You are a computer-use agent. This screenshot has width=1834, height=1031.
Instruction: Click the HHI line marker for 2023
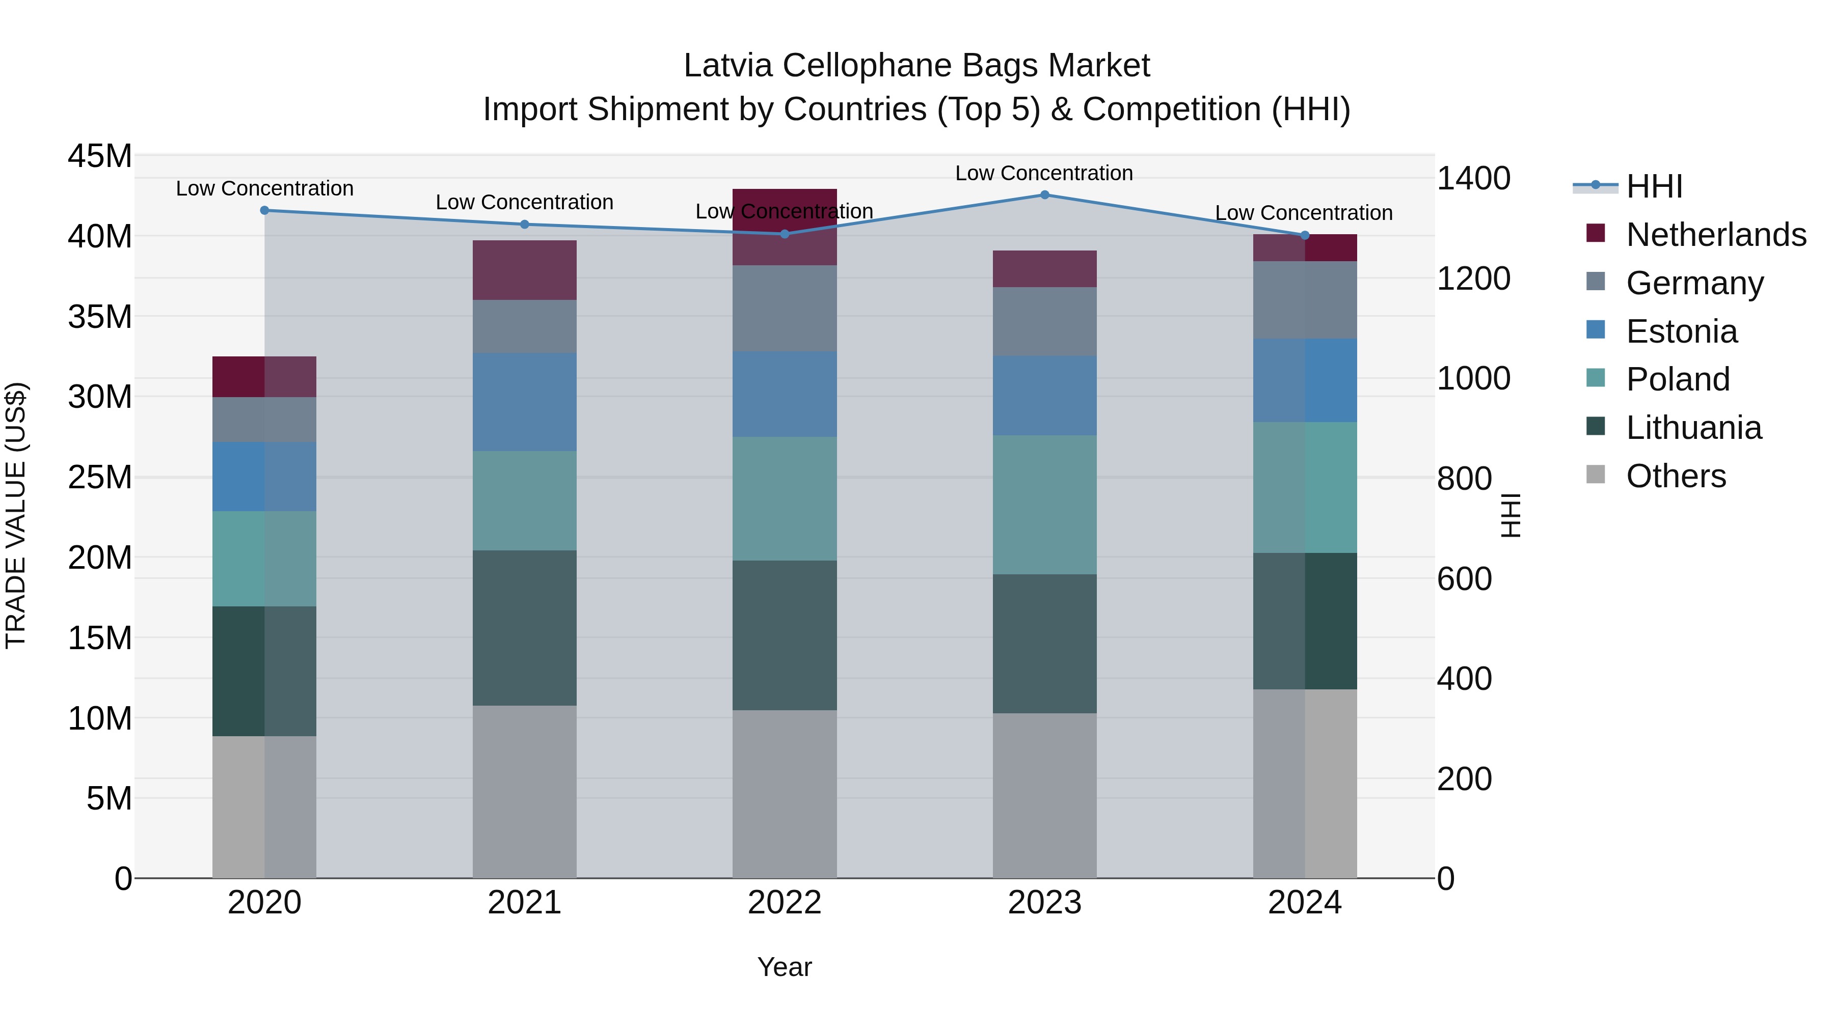[x=1044, y=195]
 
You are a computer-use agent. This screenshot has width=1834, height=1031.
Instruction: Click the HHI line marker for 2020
[x=265, y=211]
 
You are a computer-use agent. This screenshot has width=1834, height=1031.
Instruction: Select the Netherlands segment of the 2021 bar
[x=525, y=270]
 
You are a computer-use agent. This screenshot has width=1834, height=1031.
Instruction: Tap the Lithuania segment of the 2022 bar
[x=785, y=635]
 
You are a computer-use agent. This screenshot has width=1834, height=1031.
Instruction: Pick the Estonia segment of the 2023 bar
[x=1044, y=396]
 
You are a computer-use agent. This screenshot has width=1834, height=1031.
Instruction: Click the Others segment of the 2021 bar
[x=525, y=791]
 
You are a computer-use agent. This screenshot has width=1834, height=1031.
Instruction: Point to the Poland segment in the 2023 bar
[x=1044, y=505]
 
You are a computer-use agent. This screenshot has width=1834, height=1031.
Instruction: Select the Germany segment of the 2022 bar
[x=785, y=308]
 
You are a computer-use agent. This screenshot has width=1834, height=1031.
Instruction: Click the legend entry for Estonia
[x=1682, y=331]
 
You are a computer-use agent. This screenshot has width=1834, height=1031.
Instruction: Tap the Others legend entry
[x=1675, y=476]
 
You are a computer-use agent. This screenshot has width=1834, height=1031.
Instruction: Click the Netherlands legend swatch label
[x=1716, y=235]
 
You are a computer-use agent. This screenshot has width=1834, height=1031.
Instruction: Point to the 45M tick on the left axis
[x=100, y=156]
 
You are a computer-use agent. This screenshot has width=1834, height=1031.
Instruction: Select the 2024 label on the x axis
[x=1304, y=903]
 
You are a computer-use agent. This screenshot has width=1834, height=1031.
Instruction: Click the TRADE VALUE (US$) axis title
[x=16, y=515]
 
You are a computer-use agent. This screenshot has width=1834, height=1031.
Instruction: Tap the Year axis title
[x=785, y=967]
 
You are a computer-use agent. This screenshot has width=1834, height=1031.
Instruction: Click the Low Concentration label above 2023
[x=1044, y=173]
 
